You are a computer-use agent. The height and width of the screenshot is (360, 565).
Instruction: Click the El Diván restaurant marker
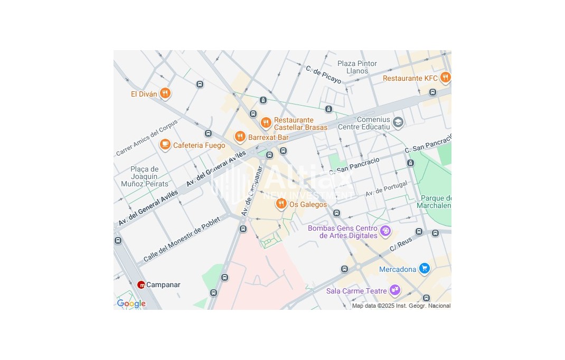click(165, 93)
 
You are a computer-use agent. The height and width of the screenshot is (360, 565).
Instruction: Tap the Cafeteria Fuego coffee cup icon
click(165, 145)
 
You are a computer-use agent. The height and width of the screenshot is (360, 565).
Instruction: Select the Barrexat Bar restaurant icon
click(240, 137)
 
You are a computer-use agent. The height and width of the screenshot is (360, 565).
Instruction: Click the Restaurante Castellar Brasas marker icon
click(266, 123)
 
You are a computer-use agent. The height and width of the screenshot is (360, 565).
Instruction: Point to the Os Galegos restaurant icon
click(281, 204)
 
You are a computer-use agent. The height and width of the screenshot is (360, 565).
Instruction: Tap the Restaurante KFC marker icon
click(445, 78)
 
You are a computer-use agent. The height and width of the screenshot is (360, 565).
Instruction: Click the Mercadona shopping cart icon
click(424, 269)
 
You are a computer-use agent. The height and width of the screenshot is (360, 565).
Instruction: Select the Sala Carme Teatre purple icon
click(394, 290)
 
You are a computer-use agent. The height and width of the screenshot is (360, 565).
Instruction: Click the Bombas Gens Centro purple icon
click(385, 231)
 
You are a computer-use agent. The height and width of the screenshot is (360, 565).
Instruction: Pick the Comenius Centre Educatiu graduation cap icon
click(398, 122)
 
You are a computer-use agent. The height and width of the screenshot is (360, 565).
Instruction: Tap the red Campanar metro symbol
click(141, 285)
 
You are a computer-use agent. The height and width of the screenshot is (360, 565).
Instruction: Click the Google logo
click(131, 304)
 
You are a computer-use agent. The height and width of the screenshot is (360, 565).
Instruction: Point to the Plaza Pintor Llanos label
click(357, 67)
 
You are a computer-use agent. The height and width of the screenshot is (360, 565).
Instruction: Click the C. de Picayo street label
click(323, 74)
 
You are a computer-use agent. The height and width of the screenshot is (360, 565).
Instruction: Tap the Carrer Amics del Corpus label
click(147, 138)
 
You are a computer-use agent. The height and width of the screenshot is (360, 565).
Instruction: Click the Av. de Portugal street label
click(386, 188)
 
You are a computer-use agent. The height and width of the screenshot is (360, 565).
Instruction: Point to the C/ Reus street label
click(400, 244)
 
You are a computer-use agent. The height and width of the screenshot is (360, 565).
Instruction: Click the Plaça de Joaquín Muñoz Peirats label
click(144, 177)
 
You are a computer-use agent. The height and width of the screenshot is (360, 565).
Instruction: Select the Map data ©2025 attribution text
click(401, 306)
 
